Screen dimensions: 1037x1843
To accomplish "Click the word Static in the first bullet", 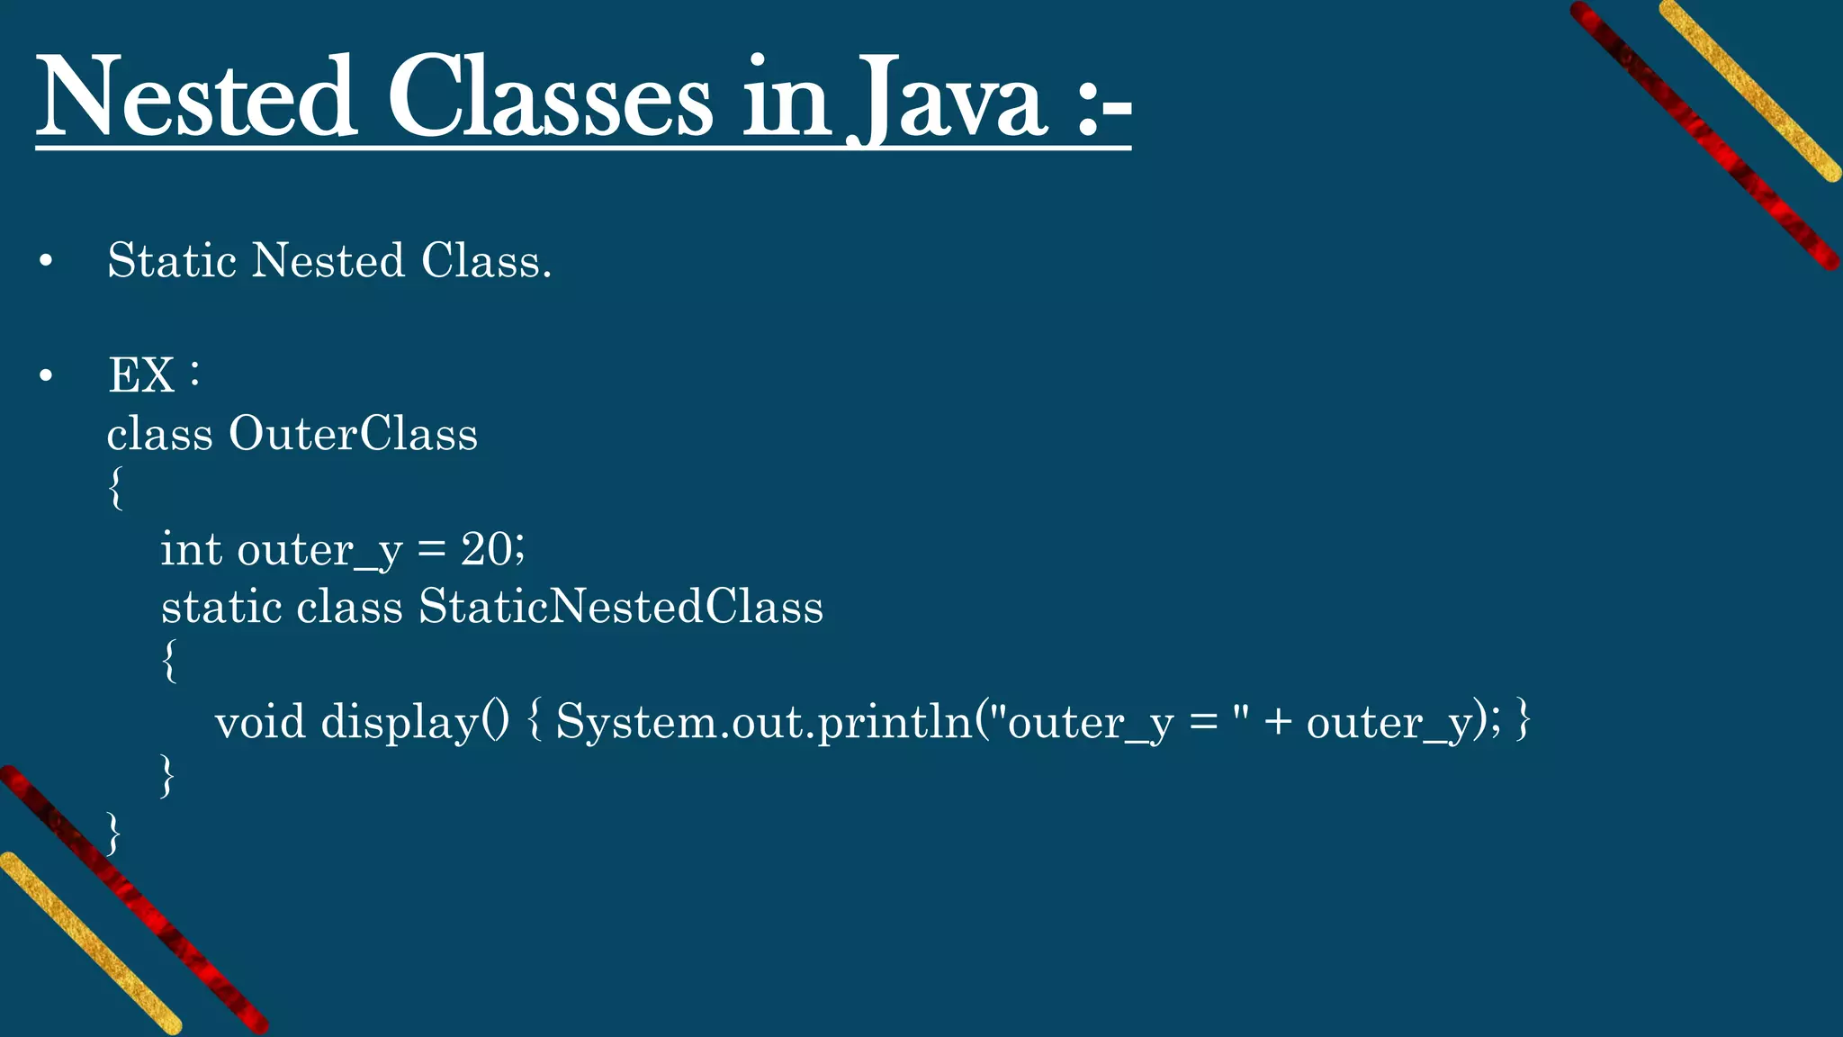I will coord(171,261).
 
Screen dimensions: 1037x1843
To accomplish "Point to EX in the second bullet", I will coord(141,374).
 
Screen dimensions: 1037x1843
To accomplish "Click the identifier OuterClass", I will coord(353,434).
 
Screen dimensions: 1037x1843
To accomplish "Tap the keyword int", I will coord(191,548).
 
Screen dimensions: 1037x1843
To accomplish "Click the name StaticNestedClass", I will coord(621,606).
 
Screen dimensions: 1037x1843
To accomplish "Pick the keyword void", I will coord(260,722).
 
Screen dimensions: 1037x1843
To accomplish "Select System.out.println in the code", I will coord(764,722).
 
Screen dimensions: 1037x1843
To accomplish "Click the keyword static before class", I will coord(221,606).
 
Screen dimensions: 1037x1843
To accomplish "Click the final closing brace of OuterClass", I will coord(113,834).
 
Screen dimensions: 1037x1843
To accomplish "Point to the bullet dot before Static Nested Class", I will coord(47,262).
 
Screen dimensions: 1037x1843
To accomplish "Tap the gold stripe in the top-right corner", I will coord(1750,90).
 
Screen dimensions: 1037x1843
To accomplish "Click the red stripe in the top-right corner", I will coord(1705,135).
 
